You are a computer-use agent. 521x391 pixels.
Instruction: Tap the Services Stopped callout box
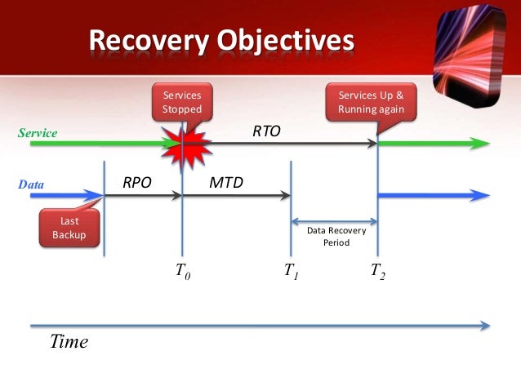click(181, 103)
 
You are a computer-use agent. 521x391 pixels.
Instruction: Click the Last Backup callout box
click(69, 228)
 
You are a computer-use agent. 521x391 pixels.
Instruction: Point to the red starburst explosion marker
click(180, 144)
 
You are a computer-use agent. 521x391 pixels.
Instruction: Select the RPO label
click(137, 182)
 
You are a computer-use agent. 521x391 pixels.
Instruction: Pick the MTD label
click(227, 182)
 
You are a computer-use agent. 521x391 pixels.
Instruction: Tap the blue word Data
click(31, 185)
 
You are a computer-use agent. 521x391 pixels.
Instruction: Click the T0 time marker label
click(183, 273)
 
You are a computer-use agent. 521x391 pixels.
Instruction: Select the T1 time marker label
click(291, 273)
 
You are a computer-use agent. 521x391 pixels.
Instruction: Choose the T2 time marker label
click(376, 273)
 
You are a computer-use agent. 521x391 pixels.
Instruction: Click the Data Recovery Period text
click(336, 237)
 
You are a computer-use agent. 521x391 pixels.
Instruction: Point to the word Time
click(69, 342)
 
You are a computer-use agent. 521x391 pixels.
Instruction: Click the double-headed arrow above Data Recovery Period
click(334, 220)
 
